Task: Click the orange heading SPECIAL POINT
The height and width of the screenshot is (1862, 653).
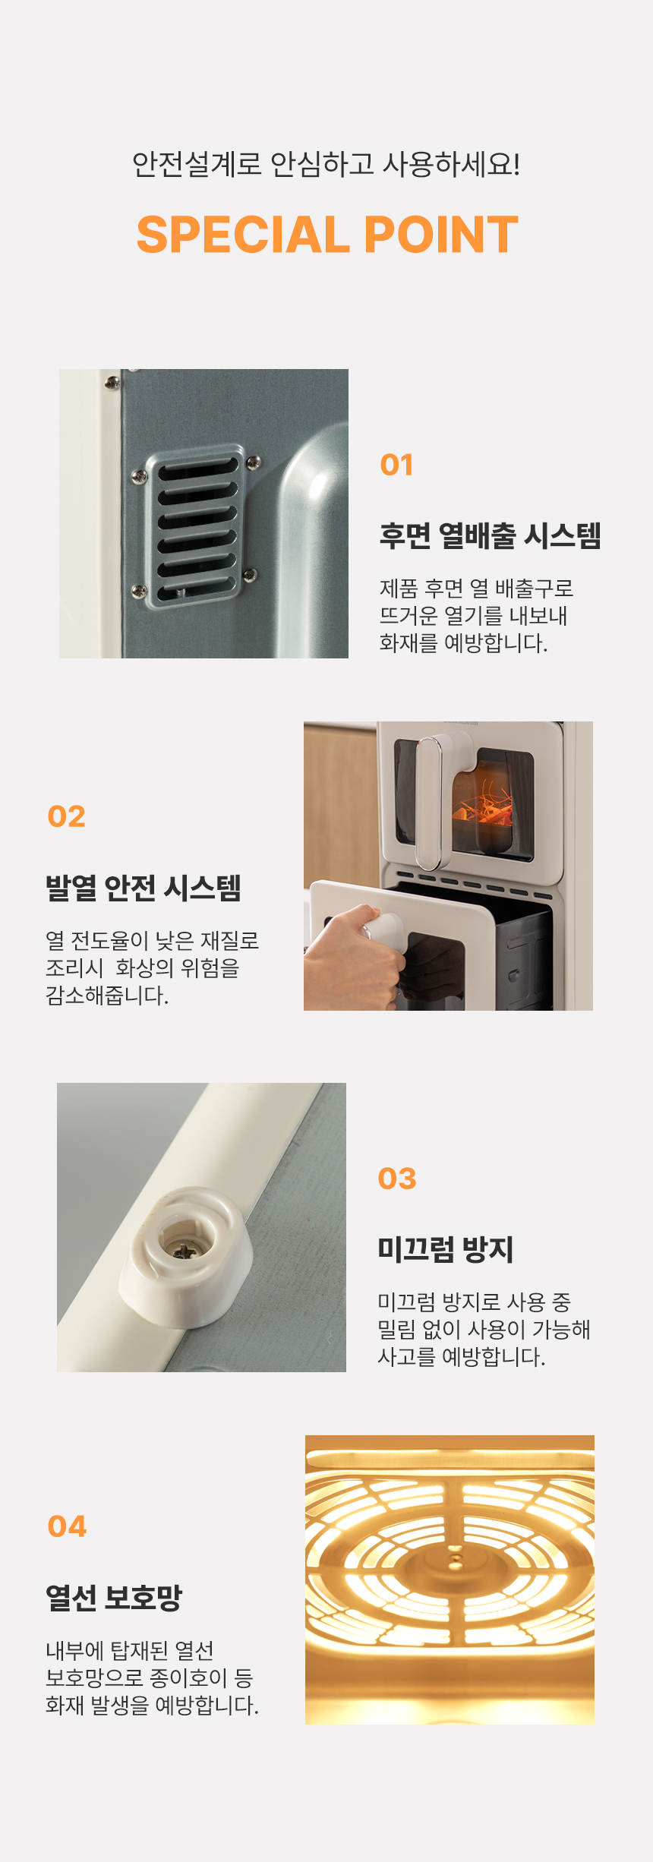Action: click(x=327, y=235)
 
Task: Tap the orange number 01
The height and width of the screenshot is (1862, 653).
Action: click(x=396, y=465)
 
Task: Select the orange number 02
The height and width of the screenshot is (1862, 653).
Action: click(x=66, y=816)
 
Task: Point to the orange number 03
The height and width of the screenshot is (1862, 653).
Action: click(x=397, y=1179)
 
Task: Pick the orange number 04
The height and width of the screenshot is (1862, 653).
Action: click(x=67, y=1526)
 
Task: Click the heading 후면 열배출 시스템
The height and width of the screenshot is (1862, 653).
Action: click(x=491, y=535)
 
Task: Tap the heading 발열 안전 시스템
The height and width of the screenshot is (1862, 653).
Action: click(x=144, y=887)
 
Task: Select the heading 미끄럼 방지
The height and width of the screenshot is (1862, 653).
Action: click(x=446, y=1249)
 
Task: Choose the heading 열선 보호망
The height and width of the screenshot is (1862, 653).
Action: click(x=114, y=1597)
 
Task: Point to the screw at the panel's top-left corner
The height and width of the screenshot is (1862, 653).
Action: click(x=112, y=383)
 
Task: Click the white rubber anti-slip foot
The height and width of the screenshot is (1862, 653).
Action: click(x=186, y=1257)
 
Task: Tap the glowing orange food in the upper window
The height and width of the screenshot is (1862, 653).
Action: click(x=486, y=806)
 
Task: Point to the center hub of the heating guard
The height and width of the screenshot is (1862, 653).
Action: click(x=455, y=1559)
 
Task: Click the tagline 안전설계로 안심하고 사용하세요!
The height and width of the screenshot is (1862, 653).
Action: click(x=326, y=164)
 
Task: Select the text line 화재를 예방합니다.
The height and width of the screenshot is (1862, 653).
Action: click(x=463, y=643)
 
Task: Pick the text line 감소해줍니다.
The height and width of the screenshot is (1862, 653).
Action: click(x=107, y=995)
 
